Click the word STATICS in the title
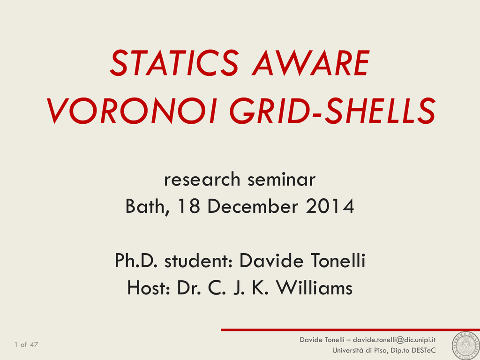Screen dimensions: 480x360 pos(174,63)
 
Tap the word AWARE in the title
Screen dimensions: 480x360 pos(311,63)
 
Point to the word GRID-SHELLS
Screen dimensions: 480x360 pos(332,111)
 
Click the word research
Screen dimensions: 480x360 pos(202,180)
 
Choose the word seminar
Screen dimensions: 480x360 pos(281,180)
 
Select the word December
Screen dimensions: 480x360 pos(253,206)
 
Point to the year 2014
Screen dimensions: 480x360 pos(330,206)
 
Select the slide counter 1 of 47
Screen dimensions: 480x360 pos(26,345)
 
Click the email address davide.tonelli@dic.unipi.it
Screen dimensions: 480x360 pos(394,340)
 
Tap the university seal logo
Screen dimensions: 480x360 pos(465,345)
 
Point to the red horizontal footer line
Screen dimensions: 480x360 pos(351,330)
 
